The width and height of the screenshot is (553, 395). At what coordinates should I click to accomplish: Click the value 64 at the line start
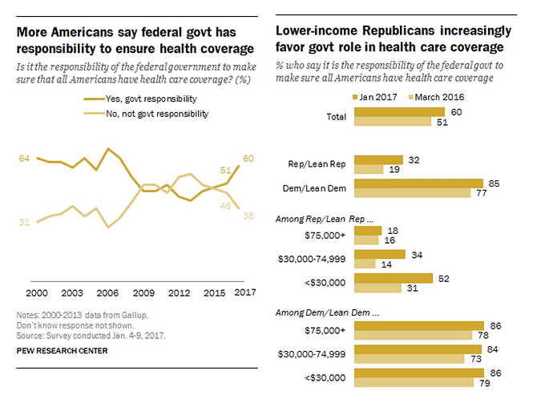pos(24,159)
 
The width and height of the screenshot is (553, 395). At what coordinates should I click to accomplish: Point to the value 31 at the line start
pos(24,222)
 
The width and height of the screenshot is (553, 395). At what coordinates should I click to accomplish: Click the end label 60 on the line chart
pos(248,158)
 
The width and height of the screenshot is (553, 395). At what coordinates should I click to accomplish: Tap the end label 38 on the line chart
pos(248,215)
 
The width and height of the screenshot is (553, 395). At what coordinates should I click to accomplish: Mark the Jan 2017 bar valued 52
pos(393,277)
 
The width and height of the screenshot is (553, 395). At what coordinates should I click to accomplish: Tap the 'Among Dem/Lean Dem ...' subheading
pos(328,312)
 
